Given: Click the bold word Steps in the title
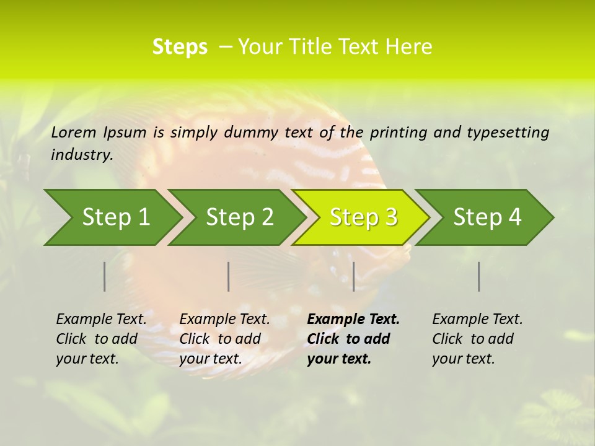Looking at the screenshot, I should coord(180,47).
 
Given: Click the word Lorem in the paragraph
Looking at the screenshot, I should coord(74,132).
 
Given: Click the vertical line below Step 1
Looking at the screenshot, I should coord(105,276).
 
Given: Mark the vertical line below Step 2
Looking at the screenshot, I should coord(229,276).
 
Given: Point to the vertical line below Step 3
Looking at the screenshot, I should coord(353,276).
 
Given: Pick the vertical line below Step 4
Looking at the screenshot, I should coord(478,276).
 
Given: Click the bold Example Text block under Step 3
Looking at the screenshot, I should coord(353,339).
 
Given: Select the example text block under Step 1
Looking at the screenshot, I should coord(101,339).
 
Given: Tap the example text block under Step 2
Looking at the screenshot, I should coord(224,339).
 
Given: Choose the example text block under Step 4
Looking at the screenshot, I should coord(477,339).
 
